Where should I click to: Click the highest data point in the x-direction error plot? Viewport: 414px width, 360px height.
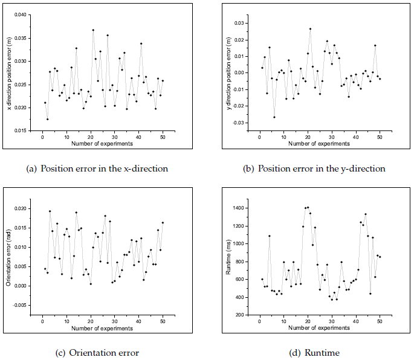pyautogui.click(x=93, y=30)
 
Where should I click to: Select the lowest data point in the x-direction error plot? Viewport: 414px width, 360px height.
pyautogui.click(x=47, y=119)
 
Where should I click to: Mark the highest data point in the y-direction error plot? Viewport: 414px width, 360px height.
pyautogui.click(x=310, y=28)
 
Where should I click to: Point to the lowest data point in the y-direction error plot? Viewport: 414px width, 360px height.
pyautogui.click(x=274, y=117)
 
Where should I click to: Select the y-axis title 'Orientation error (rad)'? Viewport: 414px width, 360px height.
pyautogui.click(x=7, y=257)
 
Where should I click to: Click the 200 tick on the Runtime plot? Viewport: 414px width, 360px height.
pyautogui.click(x=240, y=315)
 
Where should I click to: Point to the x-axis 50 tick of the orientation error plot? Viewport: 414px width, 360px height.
pyautogui.click(x=163, y=321)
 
